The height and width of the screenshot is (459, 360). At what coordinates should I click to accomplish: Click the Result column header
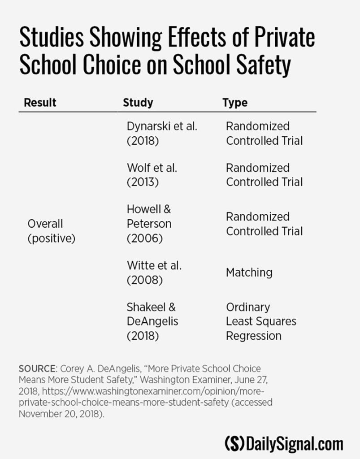pos(40,102)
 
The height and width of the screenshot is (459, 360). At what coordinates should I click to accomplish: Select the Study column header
pos(138,102)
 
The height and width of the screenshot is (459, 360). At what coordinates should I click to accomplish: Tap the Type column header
pos(235,102)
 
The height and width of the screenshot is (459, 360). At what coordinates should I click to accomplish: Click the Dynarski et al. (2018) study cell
pos(162,133)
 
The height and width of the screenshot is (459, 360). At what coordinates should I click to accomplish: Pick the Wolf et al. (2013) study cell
pos(152,175)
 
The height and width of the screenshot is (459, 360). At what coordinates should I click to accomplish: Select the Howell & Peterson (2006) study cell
pos(149,223)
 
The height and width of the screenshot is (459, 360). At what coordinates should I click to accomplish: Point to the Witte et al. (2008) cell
pos(154,272)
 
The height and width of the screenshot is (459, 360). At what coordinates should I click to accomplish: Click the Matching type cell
pos(249,272)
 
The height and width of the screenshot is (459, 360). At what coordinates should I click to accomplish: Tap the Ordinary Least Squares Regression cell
pos(260,321)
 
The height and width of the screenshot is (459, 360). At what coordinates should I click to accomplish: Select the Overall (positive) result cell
pos(51,230)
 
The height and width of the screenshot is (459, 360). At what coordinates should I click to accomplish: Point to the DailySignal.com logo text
pos(294,443)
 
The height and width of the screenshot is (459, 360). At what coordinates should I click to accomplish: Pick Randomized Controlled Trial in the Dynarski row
pos(264,133)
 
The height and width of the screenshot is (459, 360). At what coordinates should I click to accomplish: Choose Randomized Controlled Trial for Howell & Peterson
pos(264,224)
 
